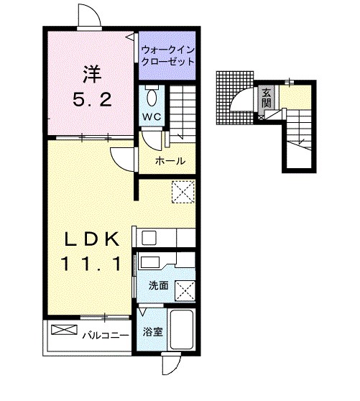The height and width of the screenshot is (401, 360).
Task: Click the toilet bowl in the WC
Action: [151, 96]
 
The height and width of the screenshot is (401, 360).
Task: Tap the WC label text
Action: [151, 117]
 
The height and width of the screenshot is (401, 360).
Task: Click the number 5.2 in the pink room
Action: [91, 100]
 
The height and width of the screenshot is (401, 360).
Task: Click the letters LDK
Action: [89, 239]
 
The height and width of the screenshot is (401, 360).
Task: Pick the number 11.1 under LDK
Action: [89, 264]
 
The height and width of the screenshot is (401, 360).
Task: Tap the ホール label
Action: [170, 161]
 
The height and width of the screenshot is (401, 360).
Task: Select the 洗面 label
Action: [158, 285]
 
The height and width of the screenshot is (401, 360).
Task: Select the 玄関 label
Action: [267, 97]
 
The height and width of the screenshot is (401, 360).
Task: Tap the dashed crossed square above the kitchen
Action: [183, 192]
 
